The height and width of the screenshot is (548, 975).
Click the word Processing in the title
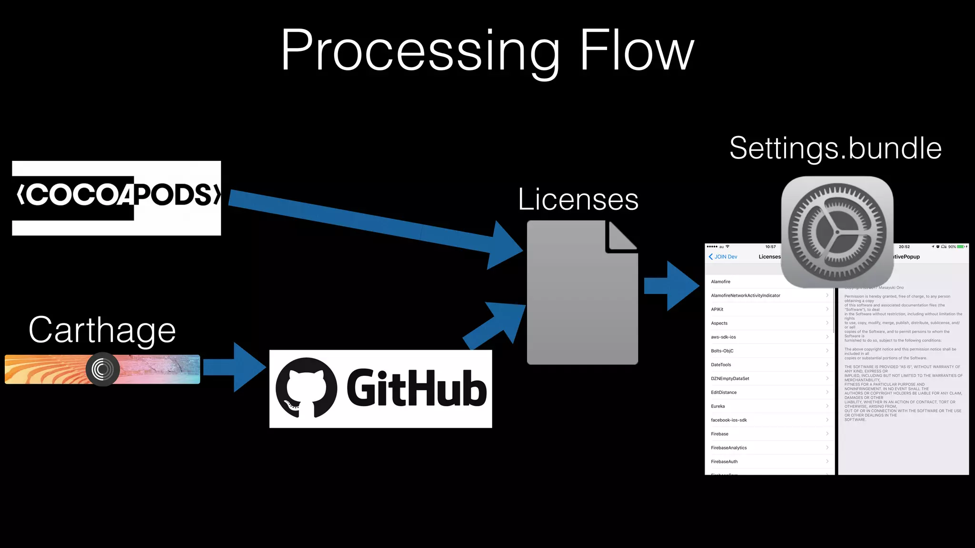pyautogui.click(x=419, y=51)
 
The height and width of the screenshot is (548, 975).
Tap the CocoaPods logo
pyautogui.click(x=117, y=197)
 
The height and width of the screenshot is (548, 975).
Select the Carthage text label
pyautogui.click(x=102, y=330)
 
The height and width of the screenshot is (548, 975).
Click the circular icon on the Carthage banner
pyautogui.click(x=102, y=369)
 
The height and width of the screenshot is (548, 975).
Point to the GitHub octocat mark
pyautogui.click(x=306, y=388)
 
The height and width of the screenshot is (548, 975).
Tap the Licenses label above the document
pyautogui.click(x=578, y=199)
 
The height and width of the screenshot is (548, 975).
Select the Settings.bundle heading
pyautogui.click(x=836, y=148)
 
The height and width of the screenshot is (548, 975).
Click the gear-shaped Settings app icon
pyautogui.click(x=837, y=232)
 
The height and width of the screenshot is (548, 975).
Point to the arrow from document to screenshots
pyautogui.click(x=671, y=286)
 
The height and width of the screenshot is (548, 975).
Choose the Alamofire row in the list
pyautogui.click(x=721, y=282)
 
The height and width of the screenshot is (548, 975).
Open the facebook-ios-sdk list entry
pyautogui.click(x=729, y=420)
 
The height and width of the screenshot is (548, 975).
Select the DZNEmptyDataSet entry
pyautogui.click(x=730, y=379)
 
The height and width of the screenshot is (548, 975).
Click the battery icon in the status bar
pyautogui.click(x=961, y=247)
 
